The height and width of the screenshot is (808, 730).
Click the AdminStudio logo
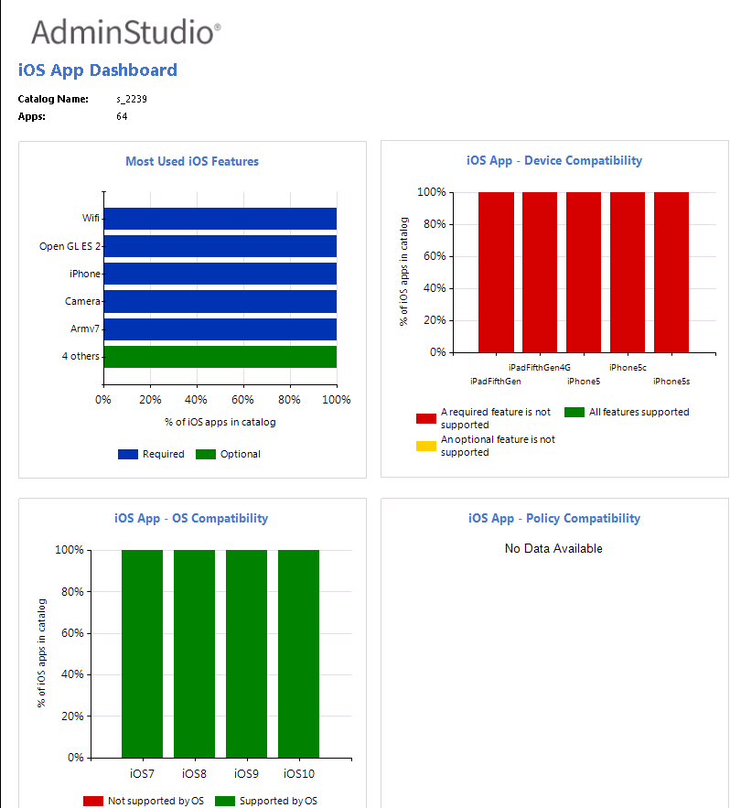click(x=125, y=33)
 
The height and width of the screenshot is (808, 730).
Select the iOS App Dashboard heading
click(x=98, y=70)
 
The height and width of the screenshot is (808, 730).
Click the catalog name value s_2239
click(x=132, y=99)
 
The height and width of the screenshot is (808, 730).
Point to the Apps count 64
click(x=122, y=117)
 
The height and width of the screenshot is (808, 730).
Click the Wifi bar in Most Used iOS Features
click(x=220, y=219)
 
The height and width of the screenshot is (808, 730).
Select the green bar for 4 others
click(x=220, y=356)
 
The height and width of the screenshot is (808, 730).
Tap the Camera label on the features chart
click(x=82, y=301)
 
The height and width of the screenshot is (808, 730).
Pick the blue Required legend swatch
click(x=127, y=455)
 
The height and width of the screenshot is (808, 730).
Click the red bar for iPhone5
click(x=584, y=272)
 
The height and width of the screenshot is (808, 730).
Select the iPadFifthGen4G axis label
click(x=540, y=368)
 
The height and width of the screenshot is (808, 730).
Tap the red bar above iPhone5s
click(x=671, y=272)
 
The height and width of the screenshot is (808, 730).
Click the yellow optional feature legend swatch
click(x=426, y=446)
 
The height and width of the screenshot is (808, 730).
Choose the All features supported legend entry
click(x=639, y=412)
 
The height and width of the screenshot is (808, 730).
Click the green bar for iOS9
click(x=246, y=653)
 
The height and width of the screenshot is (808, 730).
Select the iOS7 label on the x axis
click(x=142, y=774)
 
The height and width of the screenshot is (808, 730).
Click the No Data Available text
click(x=553, y=549)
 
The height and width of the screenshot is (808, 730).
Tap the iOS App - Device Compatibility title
click(x=553, y=161)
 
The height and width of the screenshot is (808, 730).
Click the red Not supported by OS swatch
click(x=93, y=802)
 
